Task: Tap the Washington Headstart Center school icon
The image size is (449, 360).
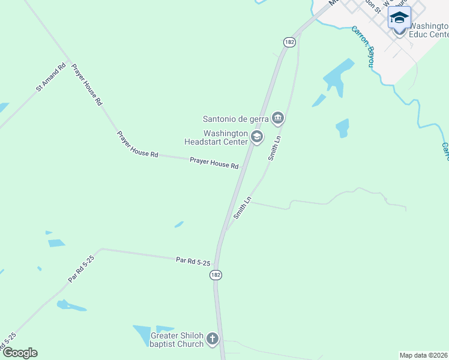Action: pyautogui.click(x=257, y=137)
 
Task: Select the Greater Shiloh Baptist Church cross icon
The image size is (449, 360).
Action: pyautogui.click(x=212, y=340)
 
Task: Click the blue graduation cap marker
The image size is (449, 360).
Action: pyautogui.click(x=399, y=17)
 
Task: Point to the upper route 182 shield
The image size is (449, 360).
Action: pyautogui.click(x=290, y=42)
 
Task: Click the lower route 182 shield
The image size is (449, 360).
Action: pyautogui.click(x=216, y=274)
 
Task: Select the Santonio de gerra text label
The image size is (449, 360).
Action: pyautogui.click(x=235, y=118)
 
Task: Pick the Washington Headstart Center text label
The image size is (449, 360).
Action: pyautogui.click(x=217, y=137)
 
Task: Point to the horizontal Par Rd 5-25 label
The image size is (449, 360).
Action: pyautogui.click(x=193, y=262)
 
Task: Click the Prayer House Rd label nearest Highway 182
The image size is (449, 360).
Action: pyautogui.click(x=214, y=162)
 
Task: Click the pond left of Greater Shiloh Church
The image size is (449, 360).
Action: pyautogui.click(x=143, y=334)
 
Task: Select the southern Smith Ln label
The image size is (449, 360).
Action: pyautogui.click(x=242, y=208)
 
